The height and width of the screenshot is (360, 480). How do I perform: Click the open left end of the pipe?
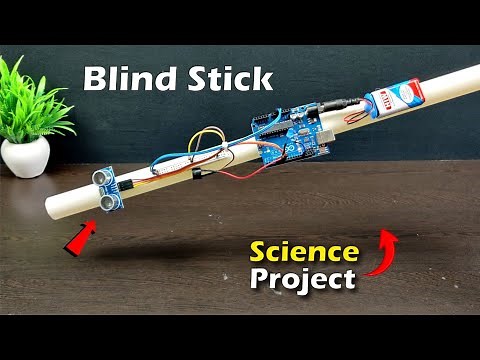pos(54,209)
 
